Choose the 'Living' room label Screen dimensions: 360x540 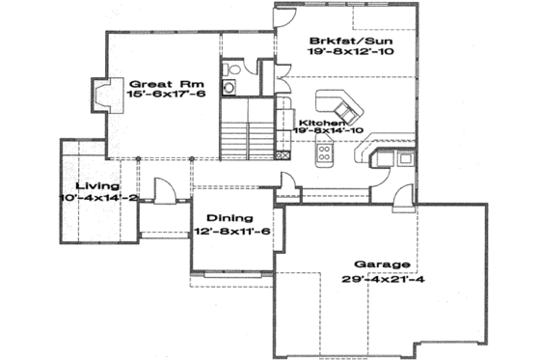[101, 185]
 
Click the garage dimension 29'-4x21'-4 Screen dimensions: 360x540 [382, 279]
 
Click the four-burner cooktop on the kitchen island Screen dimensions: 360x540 [325, 152]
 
